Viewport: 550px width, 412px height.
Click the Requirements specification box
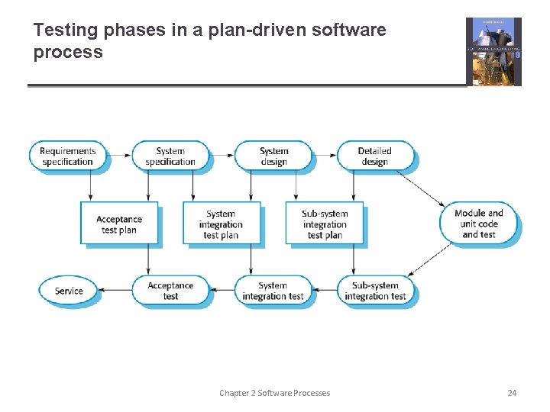tap(67, 156)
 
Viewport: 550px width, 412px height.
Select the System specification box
tap(170, 156)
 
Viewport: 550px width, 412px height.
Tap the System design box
tap(273, 156)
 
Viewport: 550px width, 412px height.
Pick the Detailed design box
tap(374, 156)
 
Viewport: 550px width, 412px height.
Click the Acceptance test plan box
tap(119, 224)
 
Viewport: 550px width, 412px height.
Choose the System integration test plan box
tap(221, 224)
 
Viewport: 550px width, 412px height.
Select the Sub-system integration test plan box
tap(325, 224)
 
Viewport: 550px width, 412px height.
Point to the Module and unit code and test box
tap(479, 224)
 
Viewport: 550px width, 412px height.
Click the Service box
tap(69, 291)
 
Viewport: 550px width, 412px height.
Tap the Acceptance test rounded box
tap(170, 291)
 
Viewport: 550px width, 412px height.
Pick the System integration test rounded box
tap(273, 291)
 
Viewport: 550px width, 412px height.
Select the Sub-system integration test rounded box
tap(375, 291)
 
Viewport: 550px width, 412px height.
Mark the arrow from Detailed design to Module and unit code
tap(420, 188)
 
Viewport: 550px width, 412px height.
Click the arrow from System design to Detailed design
tap(325, 156)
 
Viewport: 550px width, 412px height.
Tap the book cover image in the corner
tap(493, 51)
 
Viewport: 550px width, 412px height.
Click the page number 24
tap(512, 393)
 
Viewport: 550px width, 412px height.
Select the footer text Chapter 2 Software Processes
tap(274, 393)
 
